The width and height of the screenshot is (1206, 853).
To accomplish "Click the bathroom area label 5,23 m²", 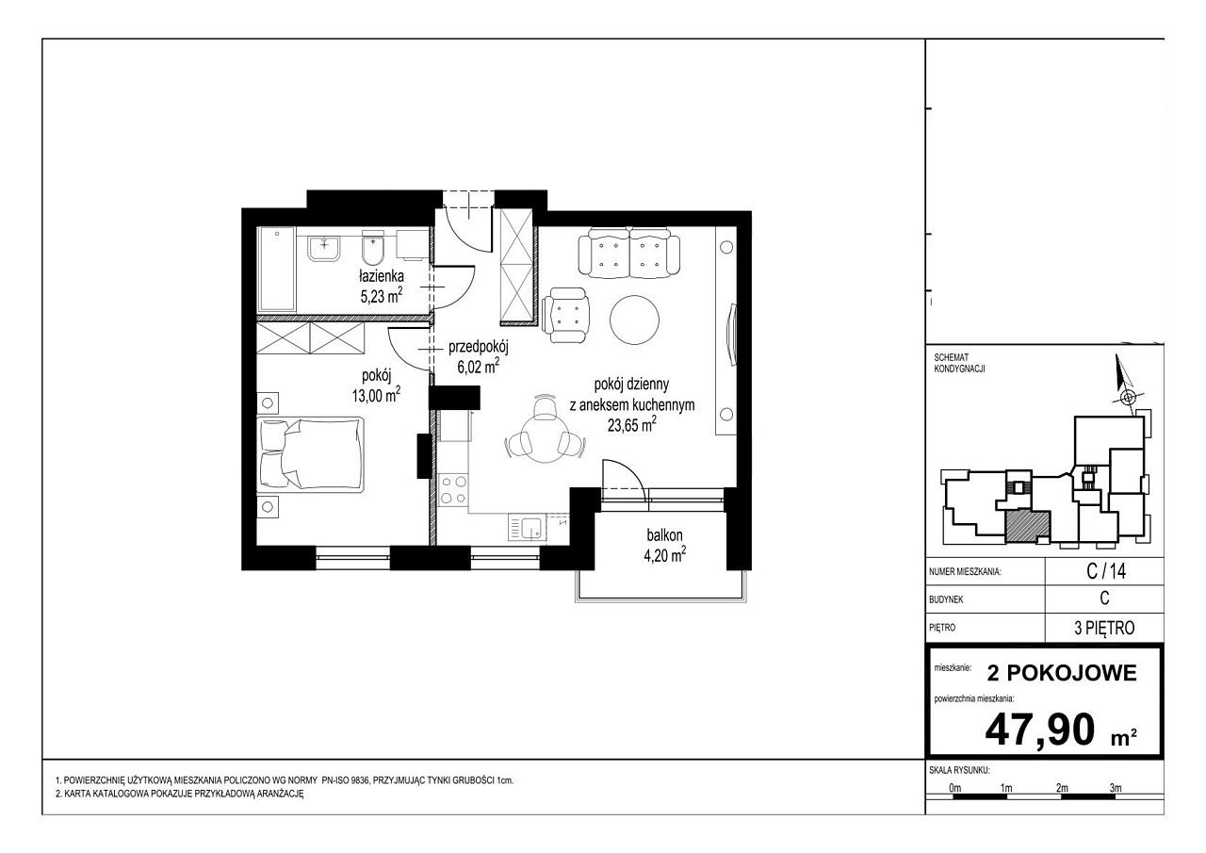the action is pyautogui.click(x=382, y=295).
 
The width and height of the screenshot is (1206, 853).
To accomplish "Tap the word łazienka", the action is pyautogui.click(x=382, y=276).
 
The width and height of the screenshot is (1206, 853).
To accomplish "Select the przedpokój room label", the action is pyautogui.click(x=478, y=348).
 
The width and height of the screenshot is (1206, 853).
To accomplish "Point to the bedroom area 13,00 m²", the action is pyautogui.click(x=376, y=395).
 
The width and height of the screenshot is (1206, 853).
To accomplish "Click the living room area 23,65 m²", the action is pyautogui.click(x=631, y=424).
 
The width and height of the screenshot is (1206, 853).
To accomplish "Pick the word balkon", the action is pyautogui.click(x=664, y=535).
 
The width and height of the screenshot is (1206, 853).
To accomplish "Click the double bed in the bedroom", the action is pyautogui.click(x=311, y=454).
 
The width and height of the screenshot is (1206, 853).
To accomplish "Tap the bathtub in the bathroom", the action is pyautogui.click(x=277, y=270).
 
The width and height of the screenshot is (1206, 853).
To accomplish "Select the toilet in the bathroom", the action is pyautogui.click(x=373, y=248).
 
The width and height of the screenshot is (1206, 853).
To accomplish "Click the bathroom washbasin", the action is pyautogui.click(x=324, y=248).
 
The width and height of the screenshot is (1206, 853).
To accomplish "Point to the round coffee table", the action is pyautogui.click(x=634, y=320).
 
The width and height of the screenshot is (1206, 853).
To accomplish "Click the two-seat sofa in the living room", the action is pyautogui.click(x=628, y=254).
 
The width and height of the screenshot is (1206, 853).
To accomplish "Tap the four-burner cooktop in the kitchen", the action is pyautogui.click(x=453, y=490).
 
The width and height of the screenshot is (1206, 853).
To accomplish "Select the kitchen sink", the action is pyautogui.click(x=527, y=528).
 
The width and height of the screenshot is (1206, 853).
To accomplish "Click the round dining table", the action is pyautogui.click(x=545, y=440).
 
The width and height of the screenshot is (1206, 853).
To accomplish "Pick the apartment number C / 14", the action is pyautogui.click(x=1106, y=571).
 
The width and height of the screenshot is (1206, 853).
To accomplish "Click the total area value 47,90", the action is pyautogui.click(x=1039, y=730).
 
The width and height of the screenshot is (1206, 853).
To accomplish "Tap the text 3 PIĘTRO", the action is pyautogui.click(x=1104, y=628).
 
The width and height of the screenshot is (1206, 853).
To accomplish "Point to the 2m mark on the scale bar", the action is pyautogui.click(x=1062, y=788).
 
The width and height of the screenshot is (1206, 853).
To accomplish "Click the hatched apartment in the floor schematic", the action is pyautogui.click(x=1027, y=526).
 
